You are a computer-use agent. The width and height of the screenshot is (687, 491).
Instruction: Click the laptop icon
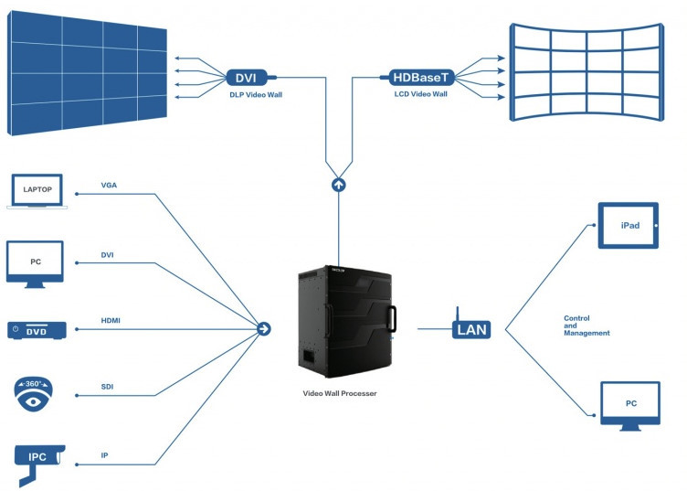coord(35,192)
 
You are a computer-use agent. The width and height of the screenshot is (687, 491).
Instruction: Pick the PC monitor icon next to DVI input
coord(35,264)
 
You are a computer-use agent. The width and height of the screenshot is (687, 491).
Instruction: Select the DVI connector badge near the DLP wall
coord(245,78)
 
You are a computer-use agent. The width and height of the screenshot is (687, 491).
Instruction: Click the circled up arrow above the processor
coord(339,185)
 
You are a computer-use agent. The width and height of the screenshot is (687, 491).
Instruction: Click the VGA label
coord(109,186)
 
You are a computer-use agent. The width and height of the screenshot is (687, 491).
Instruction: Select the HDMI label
coord(111,320)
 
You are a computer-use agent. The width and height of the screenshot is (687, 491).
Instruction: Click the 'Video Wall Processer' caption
coord(340,392)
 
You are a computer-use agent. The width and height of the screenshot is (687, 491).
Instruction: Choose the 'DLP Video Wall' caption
coord(254,95)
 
